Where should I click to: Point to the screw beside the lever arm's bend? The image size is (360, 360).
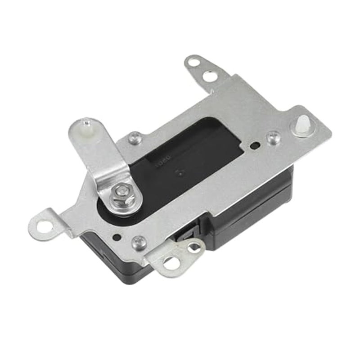[134, 138]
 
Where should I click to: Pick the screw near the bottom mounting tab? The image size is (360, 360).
[139, 242]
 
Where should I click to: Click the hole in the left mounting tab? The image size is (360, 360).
[45, 224]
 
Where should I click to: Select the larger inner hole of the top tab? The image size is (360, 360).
[209, 76]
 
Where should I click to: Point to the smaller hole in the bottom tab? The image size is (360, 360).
[194, 246]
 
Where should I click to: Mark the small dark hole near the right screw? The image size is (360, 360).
[255, 145]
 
